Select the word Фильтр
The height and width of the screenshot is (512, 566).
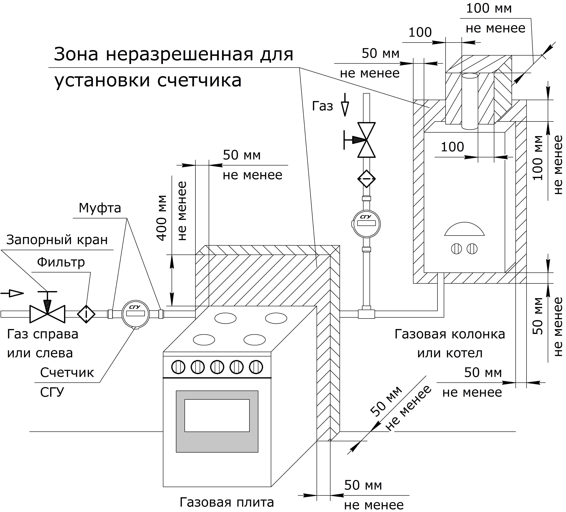pyautogui.click(x=61, y=262)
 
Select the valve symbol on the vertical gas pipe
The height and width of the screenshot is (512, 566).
pyautogui.click(x=366, y=140)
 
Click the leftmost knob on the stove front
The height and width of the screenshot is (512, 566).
pyautogui.click(x=178, y=367)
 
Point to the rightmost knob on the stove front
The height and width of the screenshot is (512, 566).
pyautogui.click(x=256, y=367)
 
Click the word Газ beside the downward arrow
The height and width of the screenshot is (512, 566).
pyautogui.click(x=322, y=106)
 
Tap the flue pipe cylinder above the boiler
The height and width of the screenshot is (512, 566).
pyautogui.click(x=470, y=101)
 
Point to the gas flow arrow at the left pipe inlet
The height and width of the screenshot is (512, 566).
pyautogui.click(x=13, y=293)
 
